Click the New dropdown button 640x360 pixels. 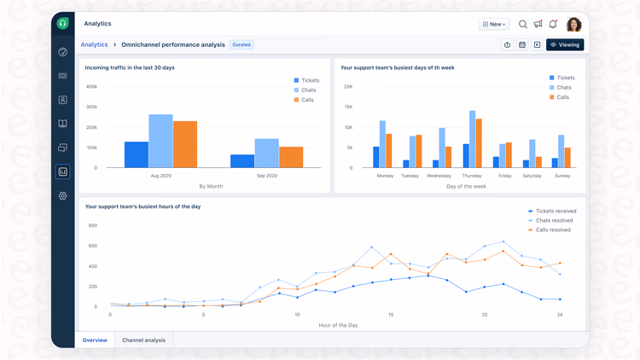click(494, 24)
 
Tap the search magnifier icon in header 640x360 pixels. click(523, 24)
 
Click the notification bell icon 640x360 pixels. click(553, 24)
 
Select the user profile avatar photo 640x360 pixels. click(573, 24)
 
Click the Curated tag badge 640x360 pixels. click(241, 44)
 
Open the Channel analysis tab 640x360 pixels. click(143, 340)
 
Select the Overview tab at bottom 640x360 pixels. click(95, 340)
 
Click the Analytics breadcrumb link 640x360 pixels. click(94, 44)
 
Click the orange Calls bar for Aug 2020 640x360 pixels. click(185, 144)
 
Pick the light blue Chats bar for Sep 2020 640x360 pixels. click(267, 154)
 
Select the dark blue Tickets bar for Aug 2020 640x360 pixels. click(137, 154)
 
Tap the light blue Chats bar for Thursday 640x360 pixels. click(472, 139)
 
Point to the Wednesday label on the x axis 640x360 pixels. click(439, 176)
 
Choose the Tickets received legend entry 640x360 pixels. click(551, 211)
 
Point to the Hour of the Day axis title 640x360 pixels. click(339, 325)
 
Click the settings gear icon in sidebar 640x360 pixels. click(62, 196)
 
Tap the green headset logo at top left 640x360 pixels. click(62, 23)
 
